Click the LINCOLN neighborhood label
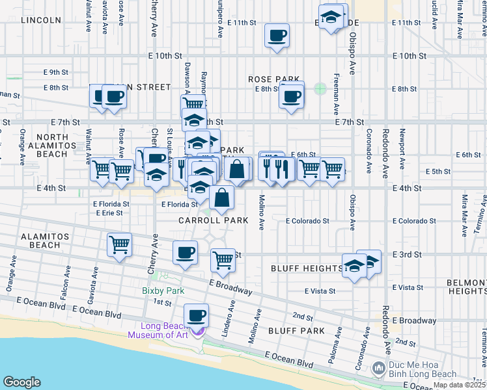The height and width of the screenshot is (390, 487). coord(41,20)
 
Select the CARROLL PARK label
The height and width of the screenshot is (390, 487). coord(214,220)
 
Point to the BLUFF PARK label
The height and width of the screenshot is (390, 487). coord(296,331)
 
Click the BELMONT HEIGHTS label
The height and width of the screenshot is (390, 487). coord(467,287)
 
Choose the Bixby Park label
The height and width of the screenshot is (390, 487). coord(163,291)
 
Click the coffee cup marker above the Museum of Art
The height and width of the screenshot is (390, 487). coord(196,317)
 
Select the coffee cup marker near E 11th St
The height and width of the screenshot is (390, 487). coord(277,35)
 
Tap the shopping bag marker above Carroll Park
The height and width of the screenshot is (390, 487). coord(222,198)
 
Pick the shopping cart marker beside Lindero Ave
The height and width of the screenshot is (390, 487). coord(223,261)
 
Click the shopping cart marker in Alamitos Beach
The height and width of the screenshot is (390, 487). coord(120,245)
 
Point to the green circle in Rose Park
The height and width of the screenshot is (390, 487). coord(320,88)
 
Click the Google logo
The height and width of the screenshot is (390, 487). coord(22,382)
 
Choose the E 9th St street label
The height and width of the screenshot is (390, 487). coord(56,72)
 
